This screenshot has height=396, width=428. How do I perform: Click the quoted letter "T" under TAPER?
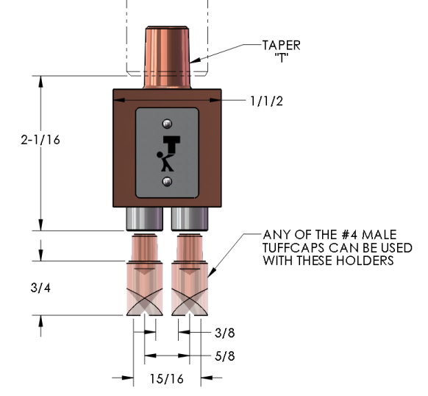click(282, 57)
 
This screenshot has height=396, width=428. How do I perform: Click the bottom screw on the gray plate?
click(168, 180)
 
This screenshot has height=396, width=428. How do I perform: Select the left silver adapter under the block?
click(144, 218)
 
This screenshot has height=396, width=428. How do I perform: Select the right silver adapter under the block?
click(190, 218)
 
